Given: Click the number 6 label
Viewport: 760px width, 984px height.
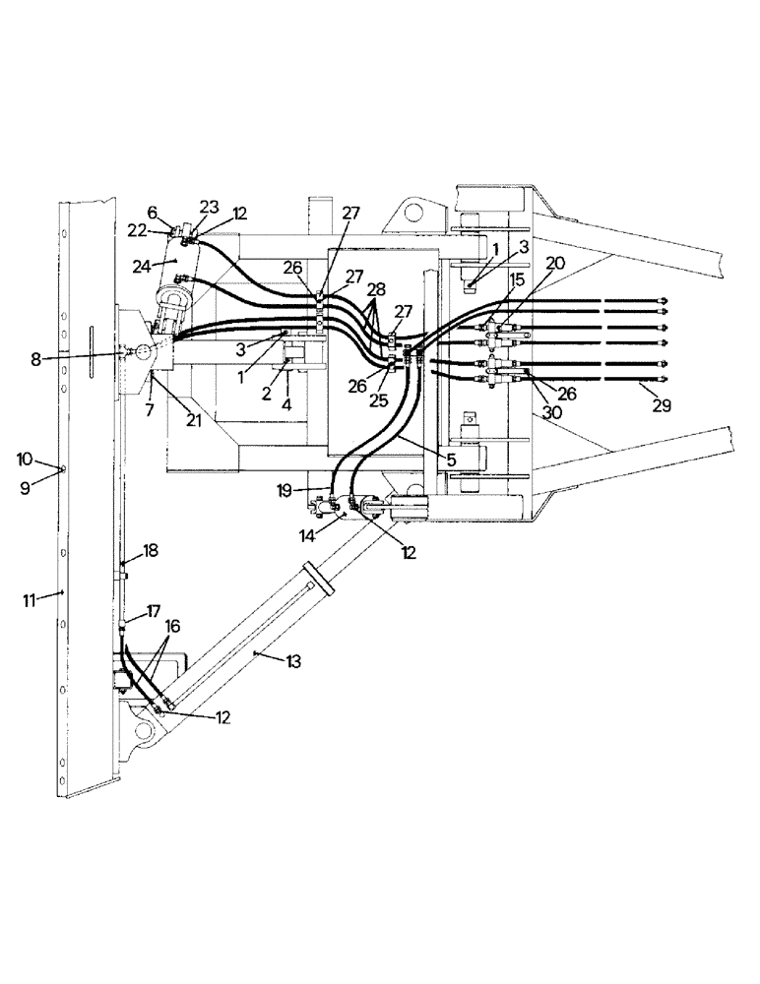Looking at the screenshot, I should (x=152, y=212).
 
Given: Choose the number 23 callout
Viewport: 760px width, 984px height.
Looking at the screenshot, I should (x=209, y=208).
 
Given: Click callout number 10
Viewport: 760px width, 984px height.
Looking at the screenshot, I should (x=27, y=460).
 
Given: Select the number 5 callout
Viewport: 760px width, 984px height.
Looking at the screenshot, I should (x=451, y=460).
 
